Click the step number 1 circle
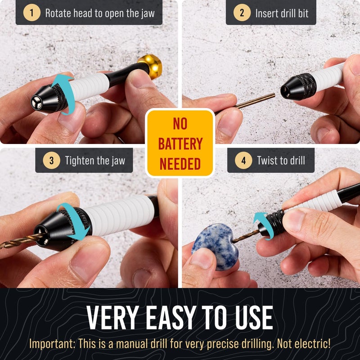31,13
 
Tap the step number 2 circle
242,13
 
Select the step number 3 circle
51,160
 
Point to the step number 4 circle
243,160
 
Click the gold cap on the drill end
150,66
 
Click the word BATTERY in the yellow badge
180,144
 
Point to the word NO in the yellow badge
180,124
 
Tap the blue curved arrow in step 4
260,220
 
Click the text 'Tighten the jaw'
94,160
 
